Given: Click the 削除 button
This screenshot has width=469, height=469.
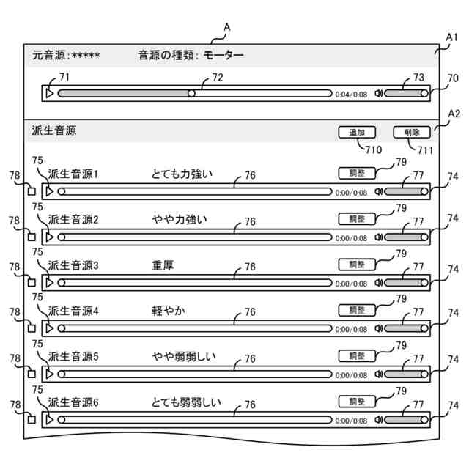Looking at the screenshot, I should (411, 133).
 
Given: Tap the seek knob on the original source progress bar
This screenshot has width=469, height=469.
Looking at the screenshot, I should (191, 94).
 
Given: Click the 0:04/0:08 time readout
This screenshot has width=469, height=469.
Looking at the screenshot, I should (351, 95).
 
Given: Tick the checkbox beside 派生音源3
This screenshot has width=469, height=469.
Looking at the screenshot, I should (32, 282).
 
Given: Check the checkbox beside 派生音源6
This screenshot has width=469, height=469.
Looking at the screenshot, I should (32, 420).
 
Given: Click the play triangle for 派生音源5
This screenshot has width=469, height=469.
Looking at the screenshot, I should (49, 374).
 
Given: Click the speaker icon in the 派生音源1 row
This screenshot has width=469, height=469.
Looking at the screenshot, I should (378, 191).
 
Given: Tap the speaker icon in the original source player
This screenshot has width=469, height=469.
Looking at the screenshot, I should (378, 94).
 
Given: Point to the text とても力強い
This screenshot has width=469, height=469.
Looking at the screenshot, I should (182, 174).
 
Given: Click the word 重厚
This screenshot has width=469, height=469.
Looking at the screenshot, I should (163, 265).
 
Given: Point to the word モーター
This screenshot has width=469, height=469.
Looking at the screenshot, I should (224, 55).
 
